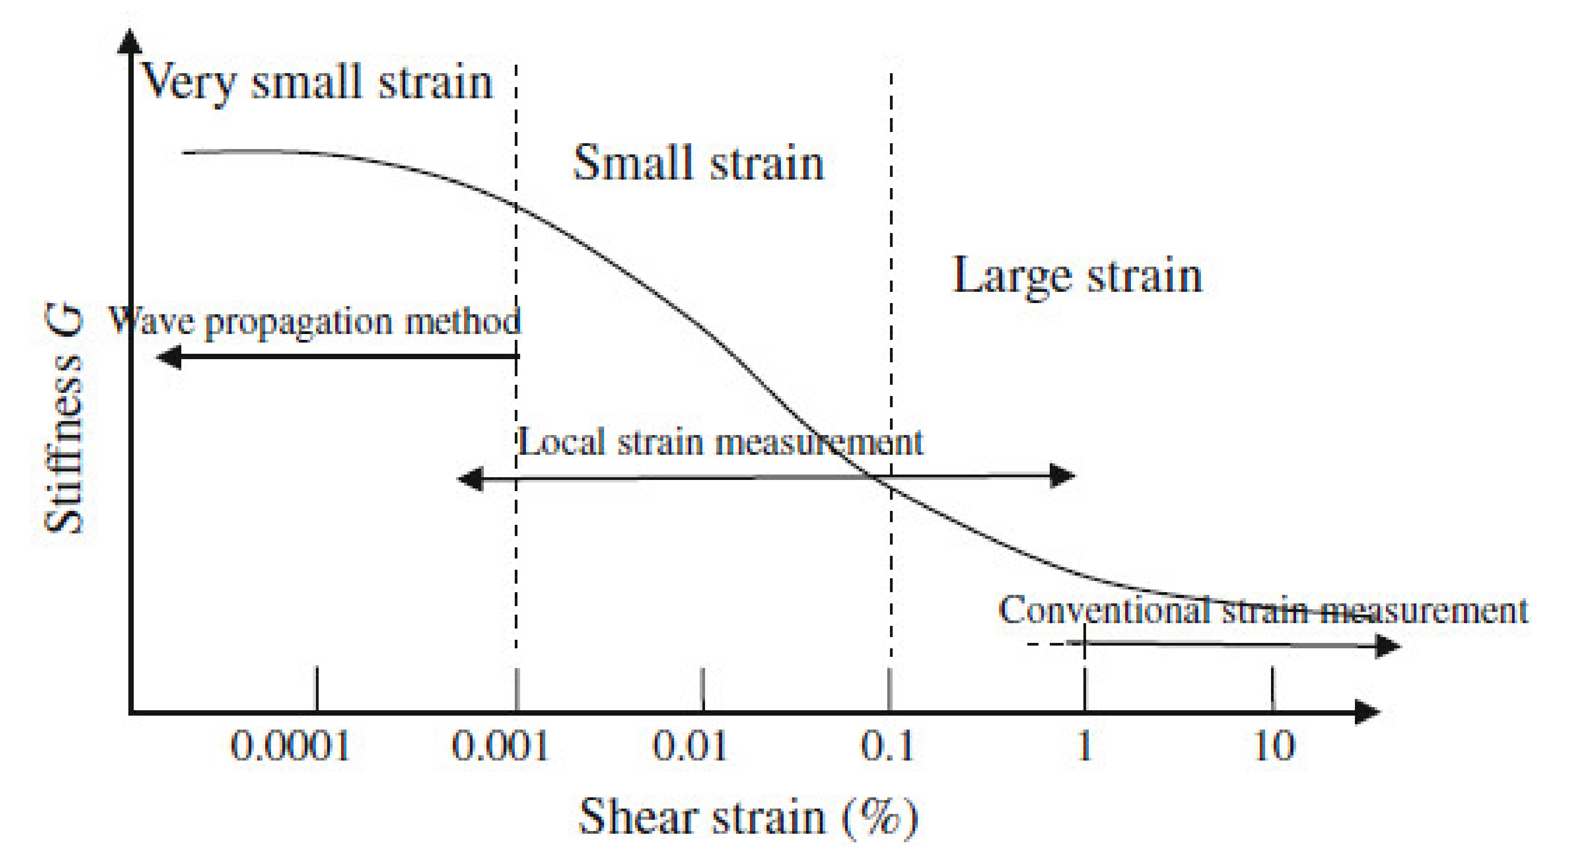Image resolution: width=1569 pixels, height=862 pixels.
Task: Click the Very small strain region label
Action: pyautogui.click(x=317, y=82)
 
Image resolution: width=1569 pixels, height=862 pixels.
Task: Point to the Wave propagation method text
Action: pyautogui.click(x=315, y=321)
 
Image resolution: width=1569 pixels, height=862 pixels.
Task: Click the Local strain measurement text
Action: pyautogui.click(x=720, y=442)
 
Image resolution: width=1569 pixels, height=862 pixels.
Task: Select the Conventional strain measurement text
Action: pyautogui.click(x=1262, y=610)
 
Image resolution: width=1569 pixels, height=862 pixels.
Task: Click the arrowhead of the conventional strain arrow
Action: pyautogui.click(x=1389, y=646)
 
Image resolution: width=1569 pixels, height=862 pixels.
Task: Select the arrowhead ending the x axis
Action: pyautogui.click(x=1367, y=712)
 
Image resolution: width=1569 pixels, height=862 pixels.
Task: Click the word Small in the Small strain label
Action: pyautogui.click(x=633, y=163)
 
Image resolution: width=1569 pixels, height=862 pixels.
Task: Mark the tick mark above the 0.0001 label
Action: pyautogui.click(x=316, y=688)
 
